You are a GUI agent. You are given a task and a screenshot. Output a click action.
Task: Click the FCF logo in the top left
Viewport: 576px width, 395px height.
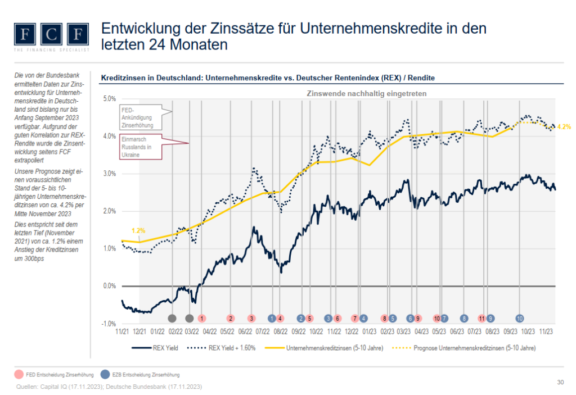coord(51,35)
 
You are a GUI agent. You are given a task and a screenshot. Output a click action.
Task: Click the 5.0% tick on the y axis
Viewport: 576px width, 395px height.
coord(109,99)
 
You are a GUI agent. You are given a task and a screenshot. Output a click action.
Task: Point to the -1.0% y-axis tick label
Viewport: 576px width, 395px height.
coord(109,324)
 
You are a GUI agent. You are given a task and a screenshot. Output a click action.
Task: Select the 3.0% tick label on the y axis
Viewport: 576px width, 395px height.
coord(109,174)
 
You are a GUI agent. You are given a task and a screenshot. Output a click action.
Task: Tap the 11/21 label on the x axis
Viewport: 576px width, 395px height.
coord(122,332)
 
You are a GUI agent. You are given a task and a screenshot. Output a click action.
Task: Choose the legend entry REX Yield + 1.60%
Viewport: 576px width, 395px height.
coord(232,348)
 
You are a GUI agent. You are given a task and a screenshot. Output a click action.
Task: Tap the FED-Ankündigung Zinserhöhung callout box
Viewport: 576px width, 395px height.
coord(137,116)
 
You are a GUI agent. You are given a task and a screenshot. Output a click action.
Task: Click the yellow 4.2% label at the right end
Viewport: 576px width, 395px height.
coord(564,127)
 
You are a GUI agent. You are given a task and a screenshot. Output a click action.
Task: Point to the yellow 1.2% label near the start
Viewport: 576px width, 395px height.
coord(138,231)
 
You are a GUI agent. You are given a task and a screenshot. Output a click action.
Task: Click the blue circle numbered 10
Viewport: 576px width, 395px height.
coord(520,318)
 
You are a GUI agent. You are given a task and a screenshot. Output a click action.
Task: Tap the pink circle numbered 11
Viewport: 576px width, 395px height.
coord(481,318)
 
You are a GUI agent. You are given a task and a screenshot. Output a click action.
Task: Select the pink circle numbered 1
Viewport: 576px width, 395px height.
coord(201,318)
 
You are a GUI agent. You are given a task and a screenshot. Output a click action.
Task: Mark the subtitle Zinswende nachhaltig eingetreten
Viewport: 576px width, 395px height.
coord(366,93)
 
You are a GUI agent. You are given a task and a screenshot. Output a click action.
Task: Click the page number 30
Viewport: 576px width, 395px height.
coord(560,383)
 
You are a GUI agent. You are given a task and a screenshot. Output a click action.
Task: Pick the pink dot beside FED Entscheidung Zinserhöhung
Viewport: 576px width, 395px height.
coord(19,374)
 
